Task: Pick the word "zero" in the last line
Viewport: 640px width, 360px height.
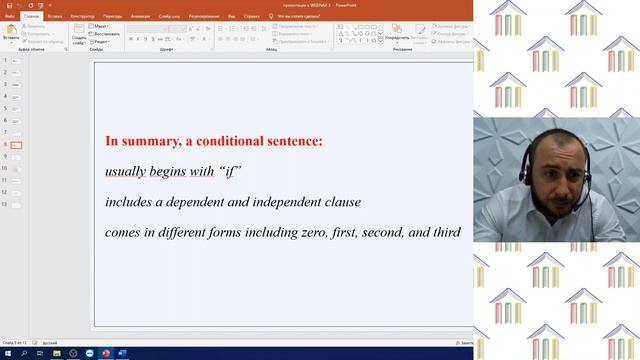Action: pos(332,232)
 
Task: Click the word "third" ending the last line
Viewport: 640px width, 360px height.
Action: pos(445,232)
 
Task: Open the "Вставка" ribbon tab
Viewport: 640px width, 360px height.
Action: pos(55,16)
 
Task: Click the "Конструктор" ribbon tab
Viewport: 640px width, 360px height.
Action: pos(83,16)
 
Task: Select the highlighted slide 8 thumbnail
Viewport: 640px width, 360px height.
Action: pos(17,145)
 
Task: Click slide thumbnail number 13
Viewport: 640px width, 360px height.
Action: pos(17,204)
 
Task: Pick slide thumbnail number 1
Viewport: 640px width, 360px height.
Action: pos(17,62)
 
